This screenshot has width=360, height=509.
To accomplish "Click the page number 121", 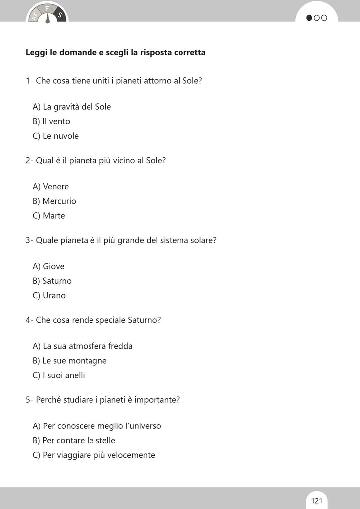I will click(x=317, y=500).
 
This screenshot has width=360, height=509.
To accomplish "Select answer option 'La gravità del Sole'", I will click(x=72, y=107).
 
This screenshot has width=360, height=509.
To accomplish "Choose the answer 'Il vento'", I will click(x=52, y=121).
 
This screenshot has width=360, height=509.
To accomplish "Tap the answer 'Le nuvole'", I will click(x=56, y=136).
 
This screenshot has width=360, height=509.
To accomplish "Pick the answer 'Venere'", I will click(x=51, y=187).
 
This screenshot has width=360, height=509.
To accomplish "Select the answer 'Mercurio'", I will click(x=54, y=201).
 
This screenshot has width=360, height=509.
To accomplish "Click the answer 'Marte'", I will click(x=49, y=216).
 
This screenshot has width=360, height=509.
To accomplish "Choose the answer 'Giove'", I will click(x=49, y=266).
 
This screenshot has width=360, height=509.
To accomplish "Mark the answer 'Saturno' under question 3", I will click(x=52, y=281).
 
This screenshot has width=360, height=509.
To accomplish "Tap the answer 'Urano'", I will click(x=49, y=295).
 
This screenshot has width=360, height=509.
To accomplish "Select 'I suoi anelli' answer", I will click(x=59, y=375).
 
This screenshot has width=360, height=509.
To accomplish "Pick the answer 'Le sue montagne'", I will click(x=70, y=361).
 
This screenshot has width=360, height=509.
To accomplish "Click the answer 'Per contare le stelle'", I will click(x=74, y=440).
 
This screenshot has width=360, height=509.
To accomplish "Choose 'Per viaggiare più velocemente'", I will click(x=94, y=455).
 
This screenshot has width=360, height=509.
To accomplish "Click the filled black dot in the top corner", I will click(x=309, y=18).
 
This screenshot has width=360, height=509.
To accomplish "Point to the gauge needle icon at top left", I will click(x=47, y=18).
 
